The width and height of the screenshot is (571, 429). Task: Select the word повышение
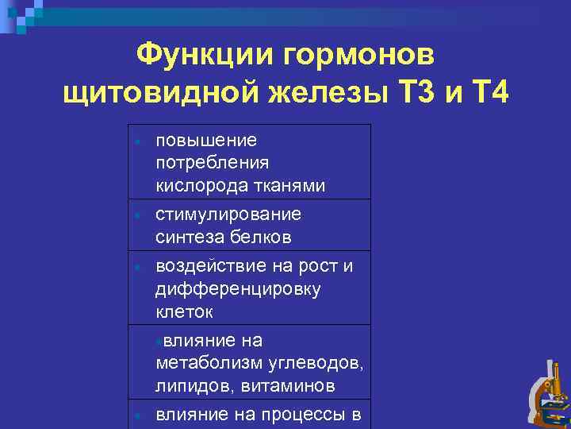pos(206,141)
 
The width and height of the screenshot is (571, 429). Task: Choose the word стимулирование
pos(228,214)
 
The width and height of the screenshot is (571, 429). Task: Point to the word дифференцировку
pos(238,288)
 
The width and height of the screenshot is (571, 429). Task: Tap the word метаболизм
pos(207,363)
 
